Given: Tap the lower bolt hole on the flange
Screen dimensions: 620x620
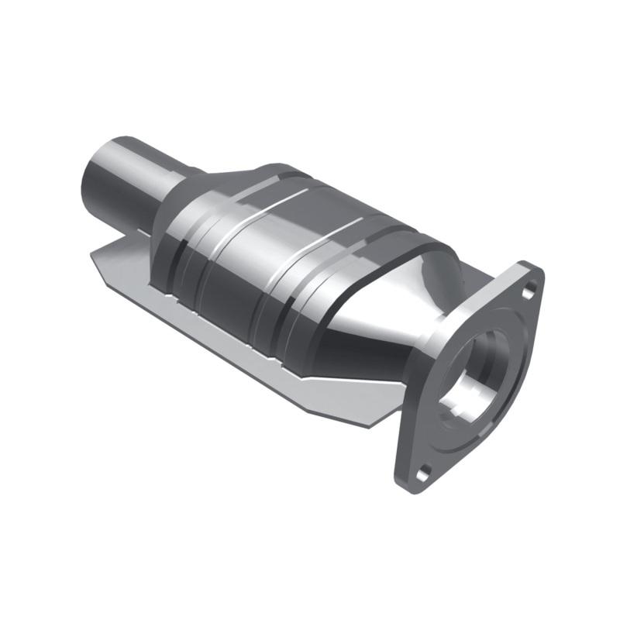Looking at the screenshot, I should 422,470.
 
